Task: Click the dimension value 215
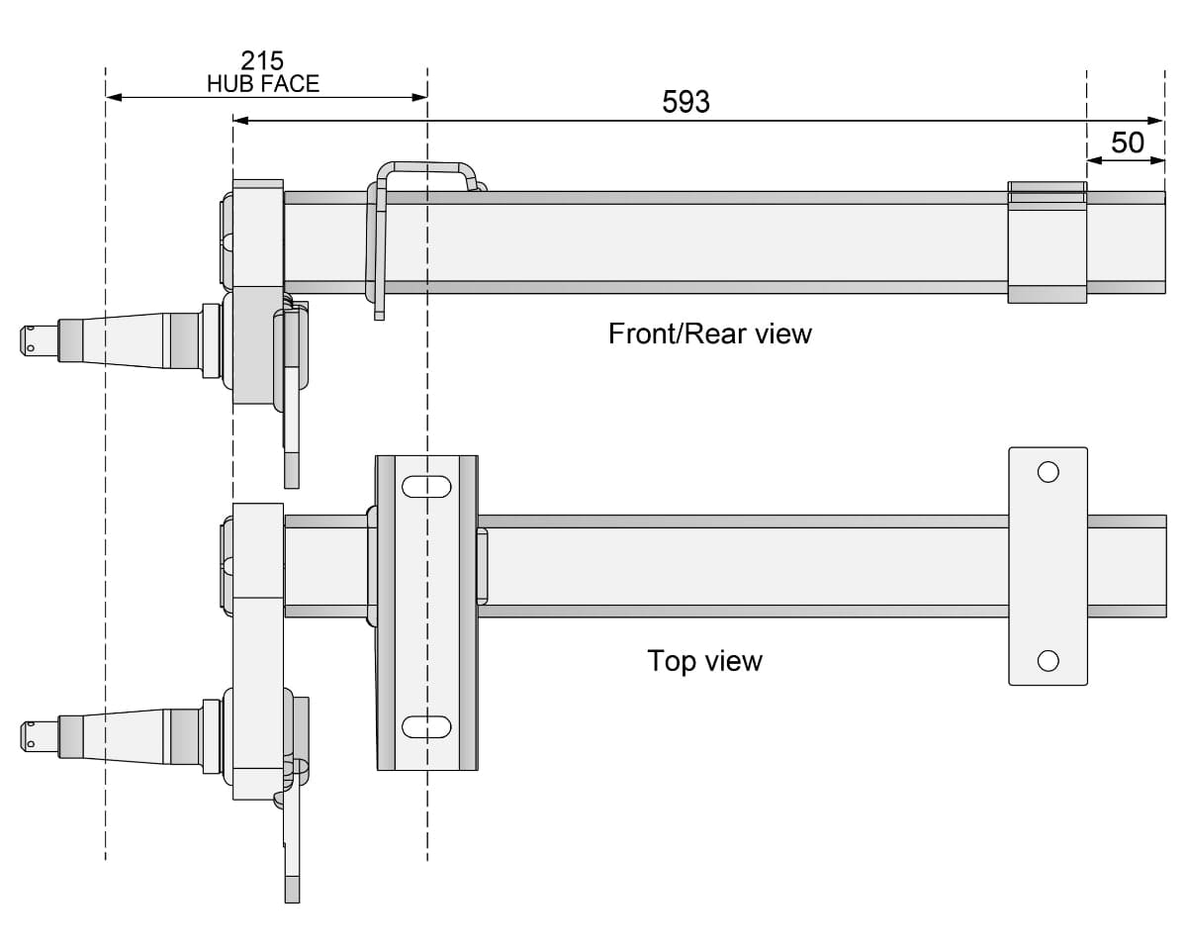[262, 61]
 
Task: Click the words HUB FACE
[263, 84]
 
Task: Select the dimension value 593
[685, 102]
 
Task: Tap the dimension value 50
[1127, 142]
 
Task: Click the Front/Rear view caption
[709, 333]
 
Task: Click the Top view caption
[704, 660]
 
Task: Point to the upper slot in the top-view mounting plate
[426, 487]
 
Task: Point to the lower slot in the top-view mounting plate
[426, 726]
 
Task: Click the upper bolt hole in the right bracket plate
[1048, 472]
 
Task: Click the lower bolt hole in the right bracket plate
[1048, 660]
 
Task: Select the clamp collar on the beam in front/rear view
[1047, 242]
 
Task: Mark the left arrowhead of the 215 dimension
[113, 97]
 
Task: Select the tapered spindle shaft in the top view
[124, 735]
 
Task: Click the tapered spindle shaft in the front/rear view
[124, 339]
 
